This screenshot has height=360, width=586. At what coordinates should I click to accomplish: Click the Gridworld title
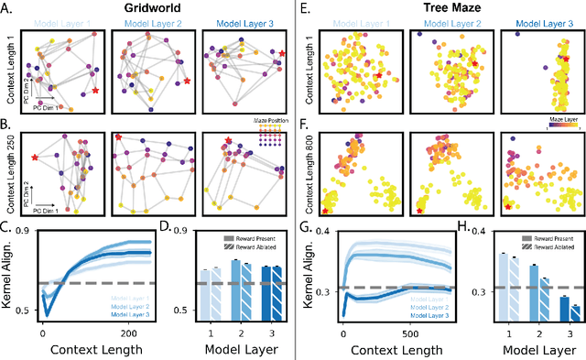click(146, 7)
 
